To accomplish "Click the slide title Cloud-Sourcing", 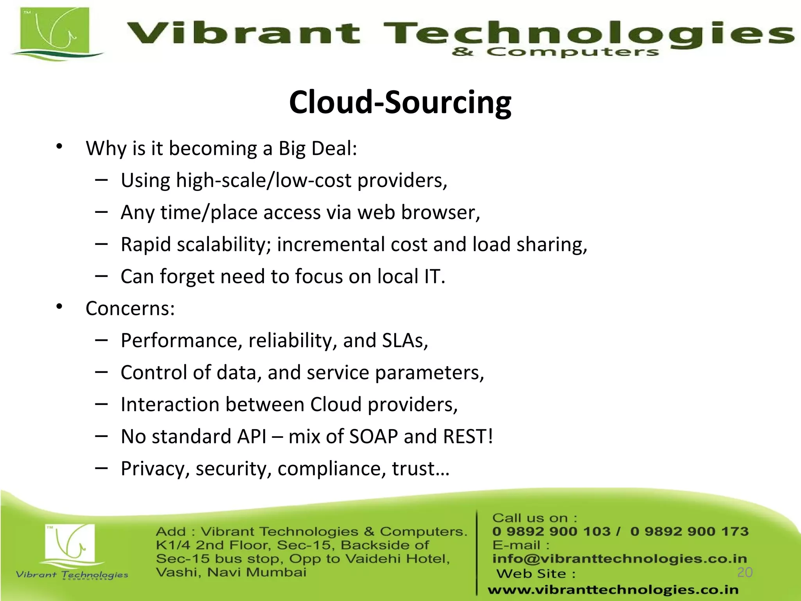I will tap(400, 103).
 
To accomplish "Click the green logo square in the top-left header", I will tap(55, 31).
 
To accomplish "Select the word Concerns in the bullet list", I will tap(127, 308).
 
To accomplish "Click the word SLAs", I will tap(403, 340).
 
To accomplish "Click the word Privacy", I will tap(155, 469).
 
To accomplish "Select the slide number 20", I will tap(745, 572).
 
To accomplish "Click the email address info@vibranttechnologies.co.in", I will tap(620, 559).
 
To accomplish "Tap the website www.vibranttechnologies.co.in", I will tap(613, 590).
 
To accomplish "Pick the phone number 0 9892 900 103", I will tap(551, 531).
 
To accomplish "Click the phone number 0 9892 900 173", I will tap(689, 531).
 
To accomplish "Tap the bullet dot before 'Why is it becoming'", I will tap(59, 147).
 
